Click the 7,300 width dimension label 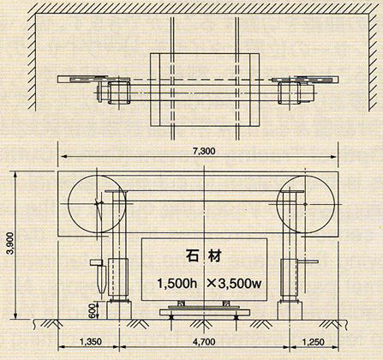pyautogui.click(x=204, y=151)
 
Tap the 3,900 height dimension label pyautogui.click(x=9, y=245)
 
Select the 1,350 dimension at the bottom pyautogui.click(x=91, y=342)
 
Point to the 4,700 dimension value pyautogui.click(x=204, y=342)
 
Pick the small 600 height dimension pyautogui.click(x=92, y=311)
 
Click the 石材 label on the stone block pyautogui.click(x=203, y=255)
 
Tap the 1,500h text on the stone pyautogui.click(x=173, y=284)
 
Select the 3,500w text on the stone pyautogui.click(x=235, y=284)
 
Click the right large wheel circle pyautogui.click(x=334, y=204)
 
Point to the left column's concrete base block pyautogui.click(x=119, y=310)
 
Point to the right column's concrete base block pyautogui.click(x=290, y=310)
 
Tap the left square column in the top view pyautogui.click(x=119, y=93)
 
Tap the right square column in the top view pyautogui.click(x=290, y=93)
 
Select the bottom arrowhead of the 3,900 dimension pyautogui.click(x=15, y=316)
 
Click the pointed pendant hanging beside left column pyautogui.click(x=100, y=280)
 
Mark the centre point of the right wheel pyautogui.click(x=306, y=204)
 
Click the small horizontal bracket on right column pyautogui.click(x=308, y=261)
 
